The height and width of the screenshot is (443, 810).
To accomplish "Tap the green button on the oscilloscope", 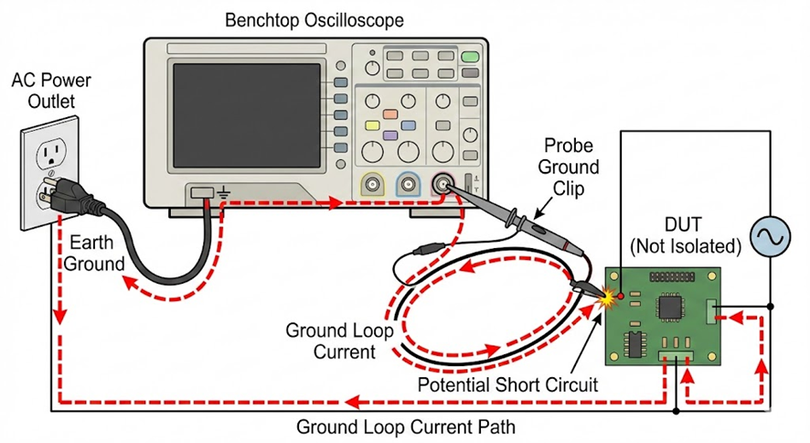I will click(470, 57).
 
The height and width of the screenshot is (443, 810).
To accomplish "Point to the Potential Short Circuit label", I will click(507, 384).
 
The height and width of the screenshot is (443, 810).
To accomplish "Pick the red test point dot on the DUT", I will click(621, 296).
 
